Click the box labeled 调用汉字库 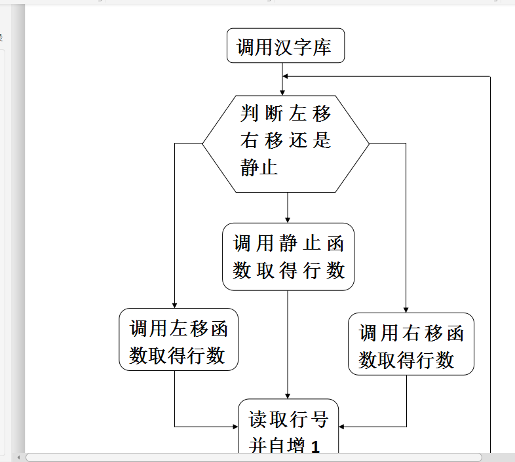click(x=286, y=46)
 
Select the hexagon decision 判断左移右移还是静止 click(x=286, y=143)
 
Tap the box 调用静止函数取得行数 click(x=288, y=256)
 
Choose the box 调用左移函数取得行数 click(x=178, y=339)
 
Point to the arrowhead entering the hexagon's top click(x=282, y=92)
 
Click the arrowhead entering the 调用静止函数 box click(x=288, y=219)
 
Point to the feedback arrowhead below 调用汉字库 click(x=286, y=76)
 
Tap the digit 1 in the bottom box click(x=315, y=447)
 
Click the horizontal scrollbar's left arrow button click(x=18, y=457)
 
